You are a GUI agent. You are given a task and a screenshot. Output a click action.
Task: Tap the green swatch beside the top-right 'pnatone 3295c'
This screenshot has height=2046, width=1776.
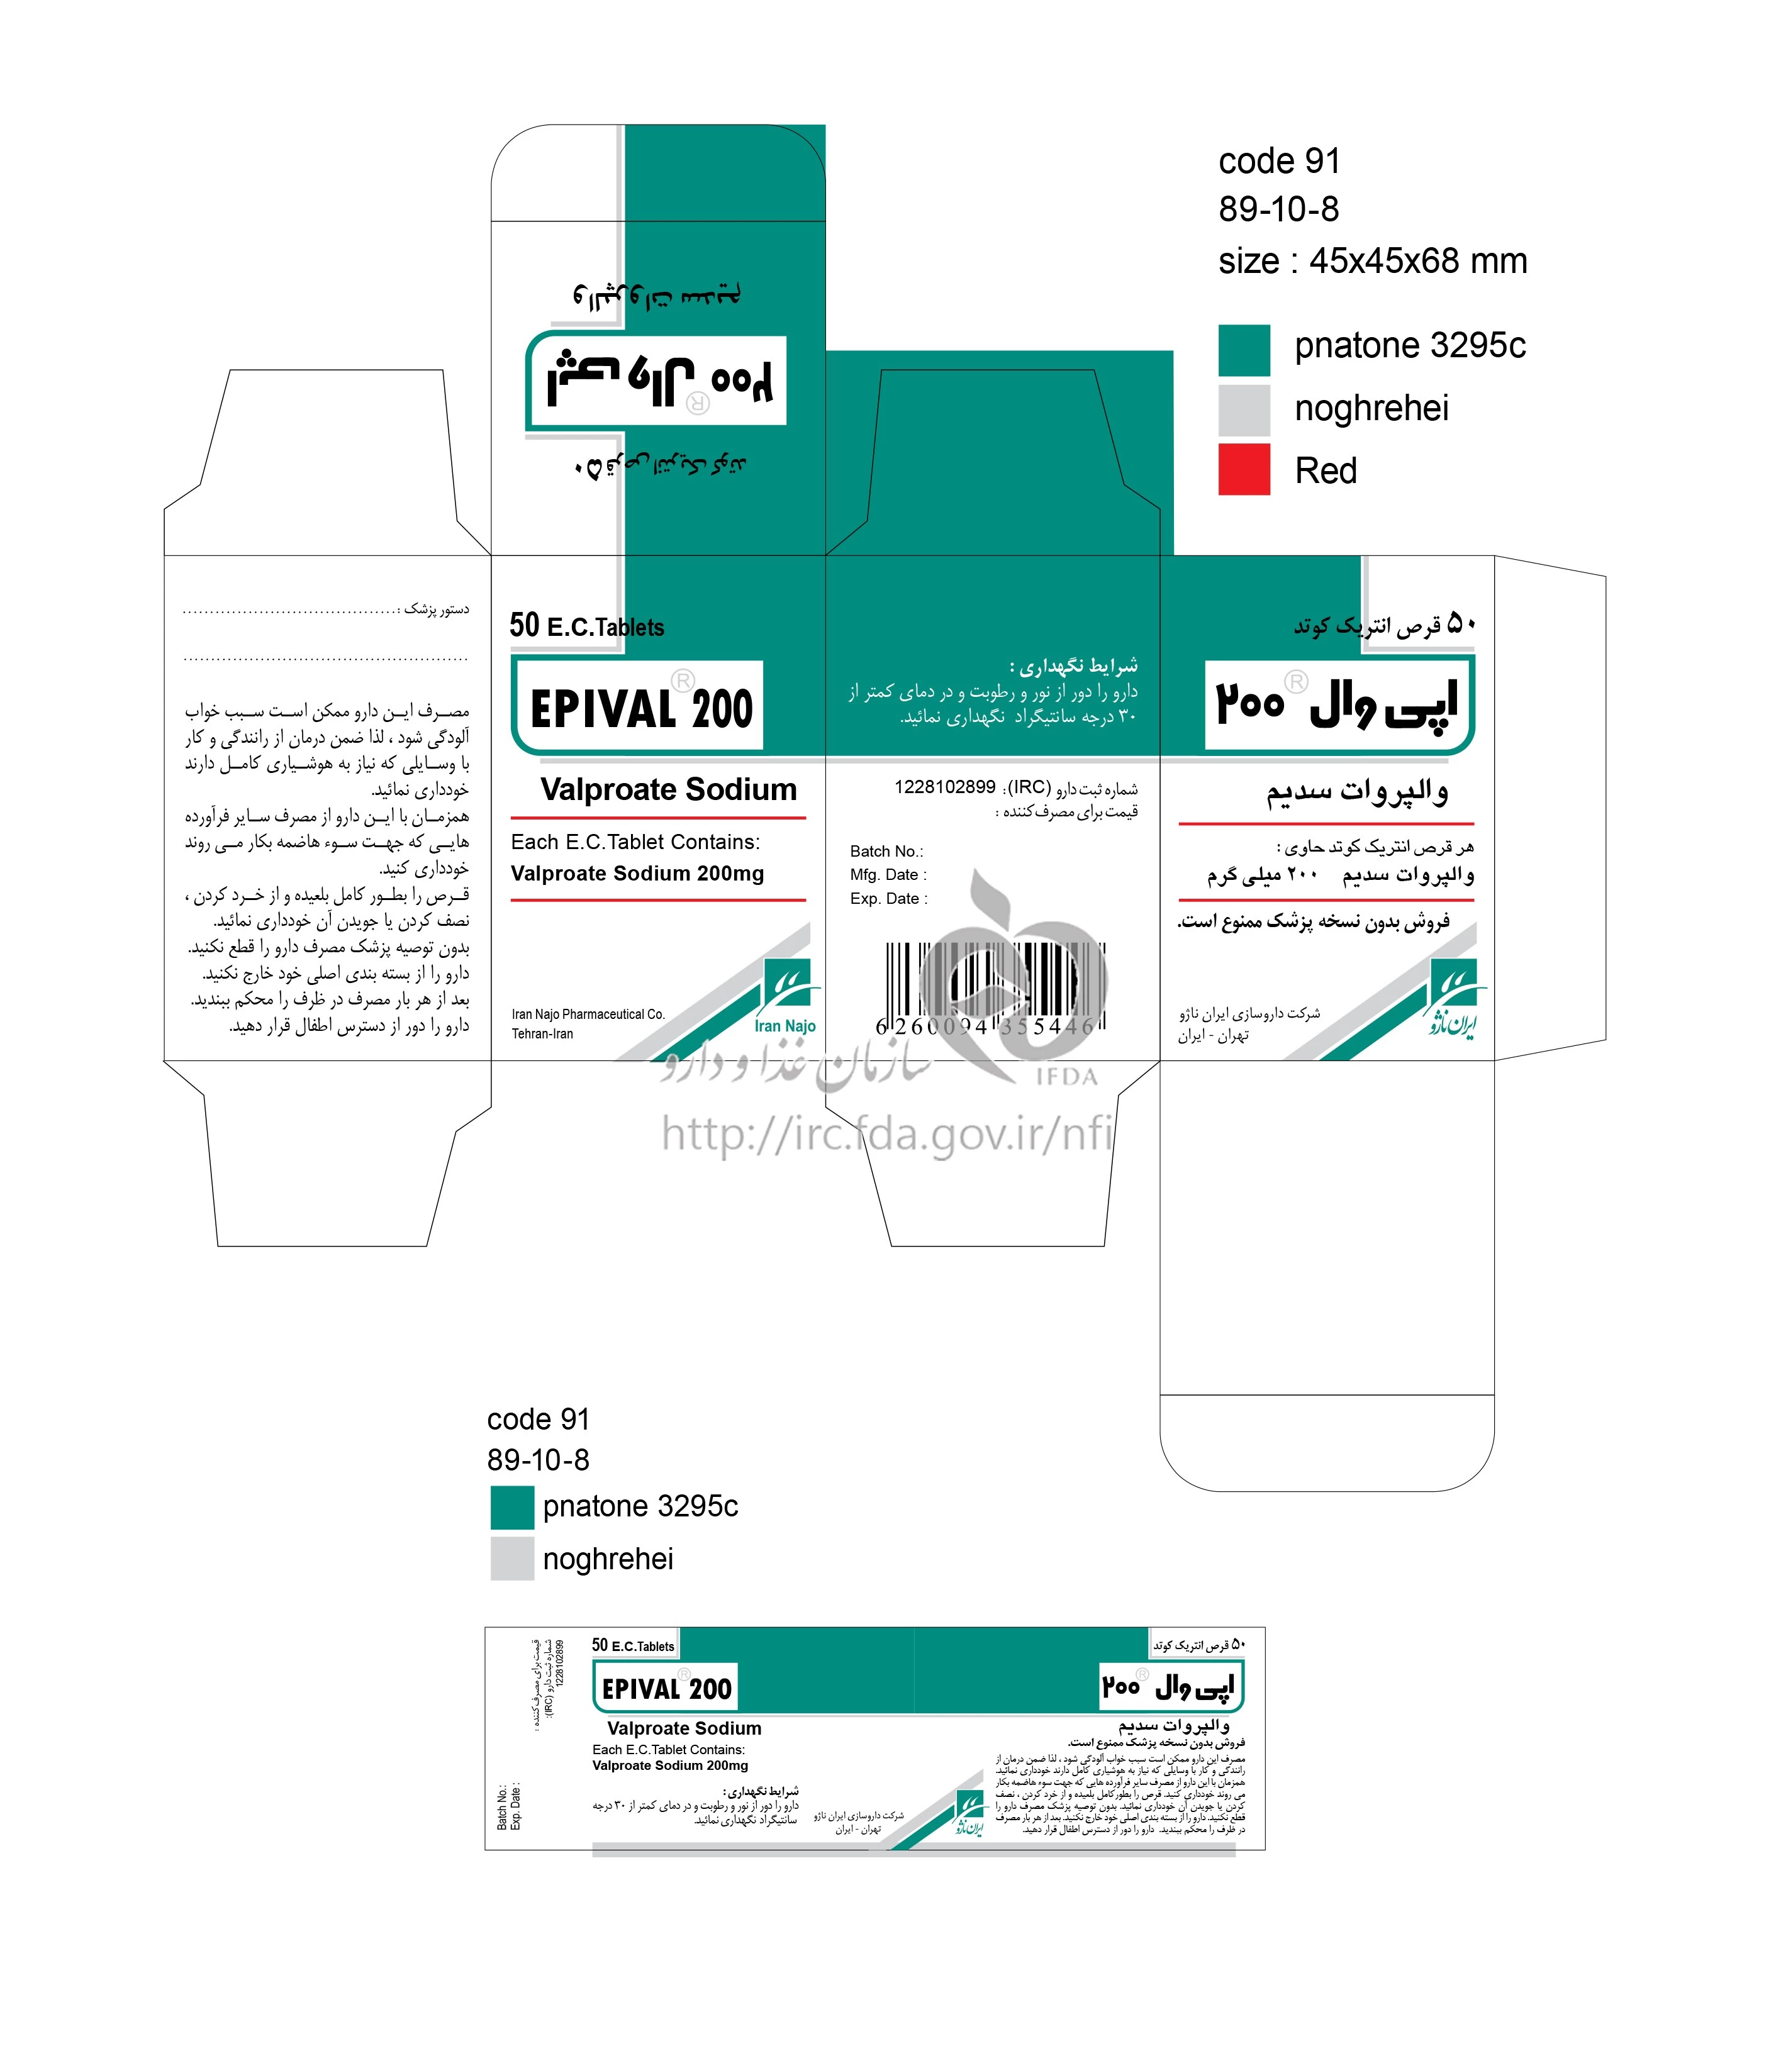(1244, 350)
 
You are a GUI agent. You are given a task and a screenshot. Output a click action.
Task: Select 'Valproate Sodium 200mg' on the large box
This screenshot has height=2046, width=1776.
(637, 873)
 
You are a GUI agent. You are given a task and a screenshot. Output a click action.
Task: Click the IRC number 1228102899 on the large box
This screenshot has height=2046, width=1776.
(944, 787)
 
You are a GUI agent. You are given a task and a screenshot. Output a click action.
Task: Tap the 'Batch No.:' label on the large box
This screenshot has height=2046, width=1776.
(886, 851)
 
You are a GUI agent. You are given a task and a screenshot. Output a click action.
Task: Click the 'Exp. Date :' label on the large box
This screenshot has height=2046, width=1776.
(888, 899)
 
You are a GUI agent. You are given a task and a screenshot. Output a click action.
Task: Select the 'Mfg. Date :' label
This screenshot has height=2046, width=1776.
(888, 875)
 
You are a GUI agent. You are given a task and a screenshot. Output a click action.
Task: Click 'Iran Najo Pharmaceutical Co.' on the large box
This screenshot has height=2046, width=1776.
(588, 1015)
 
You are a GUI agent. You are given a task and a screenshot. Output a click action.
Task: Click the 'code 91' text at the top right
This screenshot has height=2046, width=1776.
(1278, 160)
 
